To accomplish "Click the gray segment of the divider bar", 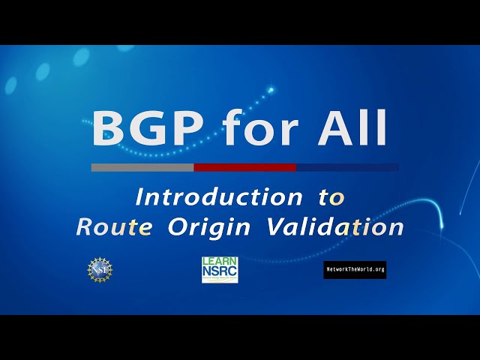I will (142, 167).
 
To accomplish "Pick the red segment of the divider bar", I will (245, 167).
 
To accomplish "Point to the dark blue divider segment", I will (347, 167).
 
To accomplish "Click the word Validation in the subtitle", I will (335, 226).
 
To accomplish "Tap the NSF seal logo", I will (100, 268).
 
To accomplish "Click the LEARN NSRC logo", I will (220, 270).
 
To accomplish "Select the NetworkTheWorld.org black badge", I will (355, 269).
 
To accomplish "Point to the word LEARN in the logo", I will (220, 262).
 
